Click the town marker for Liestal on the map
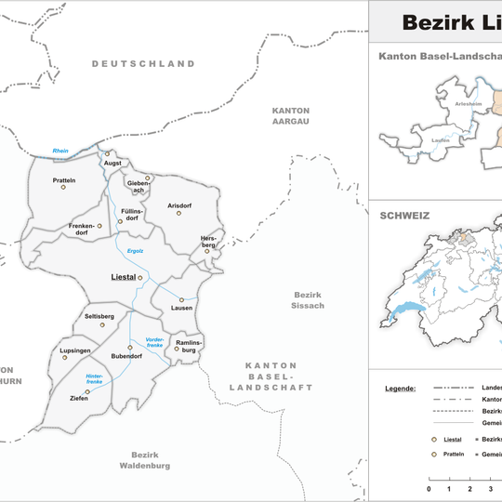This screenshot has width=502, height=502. (140, 277)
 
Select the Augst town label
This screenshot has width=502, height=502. (113, 164)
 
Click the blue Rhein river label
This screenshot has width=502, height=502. (61, 151)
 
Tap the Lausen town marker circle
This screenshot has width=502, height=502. (181, 298)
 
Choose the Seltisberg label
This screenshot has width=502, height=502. (99, 316)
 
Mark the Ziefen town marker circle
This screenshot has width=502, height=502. (87, 392)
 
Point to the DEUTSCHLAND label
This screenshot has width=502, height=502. (143, 64)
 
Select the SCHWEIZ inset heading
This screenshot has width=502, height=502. (403, 215)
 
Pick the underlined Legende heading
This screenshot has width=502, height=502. (401, 387)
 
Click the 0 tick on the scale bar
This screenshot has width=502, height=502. (429, 488)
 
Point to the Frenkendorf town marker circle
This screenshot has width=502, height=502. (99, 225)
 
